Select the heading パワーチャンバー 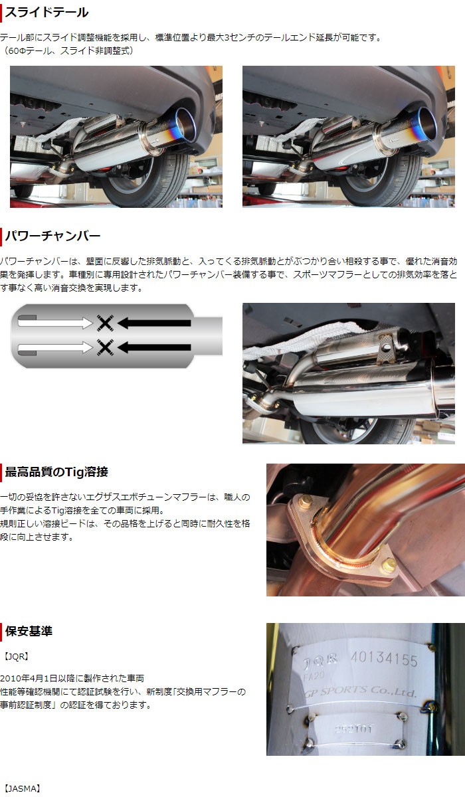(x=52, y=236)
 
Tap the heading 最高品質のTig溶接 (x=56, y=472)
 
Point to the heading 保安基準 (x=29, y=631)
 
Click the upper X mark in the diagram (x=104, y=323)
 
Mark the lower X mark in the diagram (x=104, y=347)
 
